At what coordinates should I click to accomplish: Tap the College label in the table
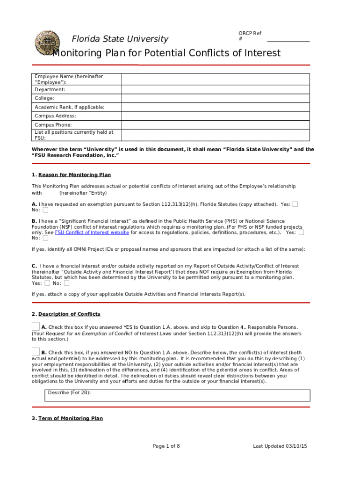coord(44,98)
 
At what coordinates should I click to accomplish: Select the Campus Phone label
coord(53,125)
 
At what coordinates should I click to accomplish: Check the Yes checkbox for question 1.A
coord(295,204)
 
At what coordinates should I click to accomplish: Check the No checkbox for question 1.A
coord(45,210)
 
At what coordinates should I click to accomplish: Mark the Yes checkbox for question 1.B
coord(302,232)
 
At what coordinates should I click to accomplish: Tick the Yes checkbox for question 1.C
coord(47,283)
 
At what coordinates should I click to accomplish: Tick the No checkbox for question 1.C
coord(67,283)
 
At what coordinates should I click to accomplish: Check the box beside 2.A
coord(36,326)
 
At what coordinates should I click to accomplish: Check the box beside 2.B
coord(36,352)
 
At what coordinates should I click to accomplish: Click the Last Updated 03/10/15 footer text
coord(280,446)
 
